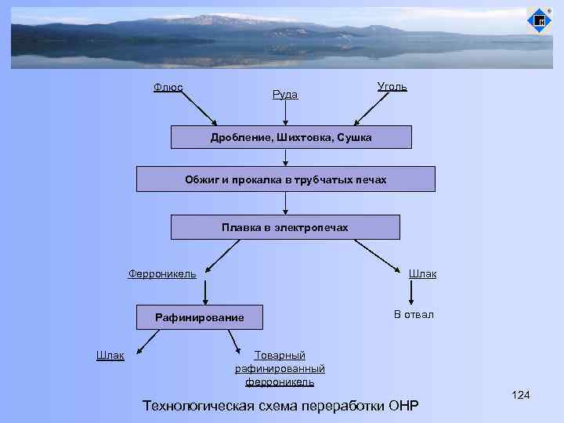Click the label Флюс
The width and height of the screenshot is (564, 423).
(x=168, y=88)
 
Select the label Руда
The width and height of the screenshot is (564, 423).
(x=284, y=95)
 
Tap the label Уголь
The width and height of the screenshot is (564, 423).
(x=392, y=86)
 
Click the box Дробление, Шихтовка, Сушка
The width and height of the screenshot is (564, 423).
(x=291, y=137)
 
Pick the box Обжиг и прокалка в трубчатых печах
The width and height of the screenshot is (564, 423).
(x=285, y=179)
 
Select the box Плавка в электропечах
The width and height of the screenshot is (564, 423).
(x=284, y=227)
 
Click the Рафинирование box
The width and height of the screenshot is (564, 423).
(x=199, y=317)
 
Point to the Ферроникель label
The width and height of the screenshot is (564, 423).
(x=162, y=273)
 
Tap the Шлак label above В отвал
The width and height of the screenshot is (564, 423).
(x=422, y=273)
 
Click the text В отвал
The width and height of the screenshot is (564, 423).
(x=414, y=314)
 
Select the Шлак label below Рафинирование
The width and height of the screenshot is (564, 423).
(x=110, y=355)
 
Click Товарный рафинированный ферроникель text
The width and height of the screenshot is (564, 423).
(x=280, y=368)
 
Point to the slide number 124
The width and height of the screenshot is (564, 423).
(x=520, y=394)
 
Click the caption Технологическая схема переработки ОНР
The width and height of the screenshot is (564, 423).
(x=280, y=405)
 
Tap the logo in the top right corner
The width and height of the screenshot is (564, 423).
(x=539, y=20)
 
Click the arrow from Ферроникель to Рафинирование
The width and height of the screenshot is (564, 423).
(x=205, y=292)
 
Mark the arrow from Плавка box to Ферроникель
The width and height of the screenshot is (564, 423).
(x=222, y=254)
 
